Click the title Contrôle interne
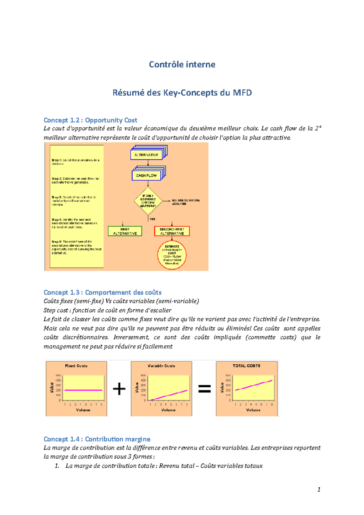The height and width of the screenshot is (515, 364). pyautogui.click(x=182, y=64)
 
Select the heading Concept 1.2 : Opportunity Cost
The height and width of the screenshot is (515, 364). pyautogui.click(x=90, y=120)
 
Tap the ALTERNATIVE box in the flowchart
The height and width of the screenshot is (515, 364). pyautogui.click(x=147, y=155)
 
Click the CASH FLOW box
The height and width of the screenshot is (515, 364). pyautogui.click(x=146, y=175)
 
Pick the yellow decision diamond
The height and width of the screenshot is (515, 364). pyautogui.click(x=148, y=201)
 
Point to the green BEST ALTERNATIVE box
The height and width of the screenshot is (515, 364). pyautogui.click(x=125, y=231)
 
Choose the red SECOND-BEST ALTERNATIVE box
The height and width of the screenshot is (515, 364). pyautogui.click(x=172, y=231)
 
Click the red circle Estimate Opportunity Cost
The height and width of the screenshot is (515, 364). pyautogui.click(x=172, y=255)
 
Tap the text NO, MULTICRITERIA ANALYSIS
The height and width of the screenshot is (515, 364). pyautogui.click(x=186, y=202)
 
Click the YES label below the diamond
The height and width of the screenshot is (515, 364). pyautogui.click(x=152, y=219)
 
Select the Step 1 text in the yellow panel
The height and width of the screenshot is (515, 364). pyautogui.click(x=76, y=162)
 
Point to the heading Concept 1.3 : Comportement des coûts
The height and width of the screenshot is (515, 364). pyautogui.click(x=103, y=292)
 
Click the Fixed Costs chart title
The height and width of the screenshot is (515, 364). pyautogui.click(x=76, y=366)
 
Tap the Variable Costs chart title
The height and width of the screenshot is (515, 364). pyautogui.click(x=161, y=366)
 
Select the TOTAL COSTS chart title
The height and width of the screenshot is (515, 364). pyautogui.click(x=246, y=366)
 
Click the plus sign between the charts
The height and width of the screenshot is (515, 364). pyautogui.click(x=119, y=389)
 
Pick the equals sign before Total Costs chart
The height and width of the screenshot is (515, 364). pyautogui.click(x=204, y=389)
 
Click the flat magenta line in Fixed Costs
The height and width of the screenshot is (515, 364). pyautogui.click(x=83, y=390)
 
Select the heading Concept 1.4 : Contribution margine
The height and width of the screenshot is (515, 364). pyautogui.click(x=97, y=439)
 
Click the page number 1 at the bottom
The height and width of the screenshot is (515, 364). pyautogui.click(x=319, y=490)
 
